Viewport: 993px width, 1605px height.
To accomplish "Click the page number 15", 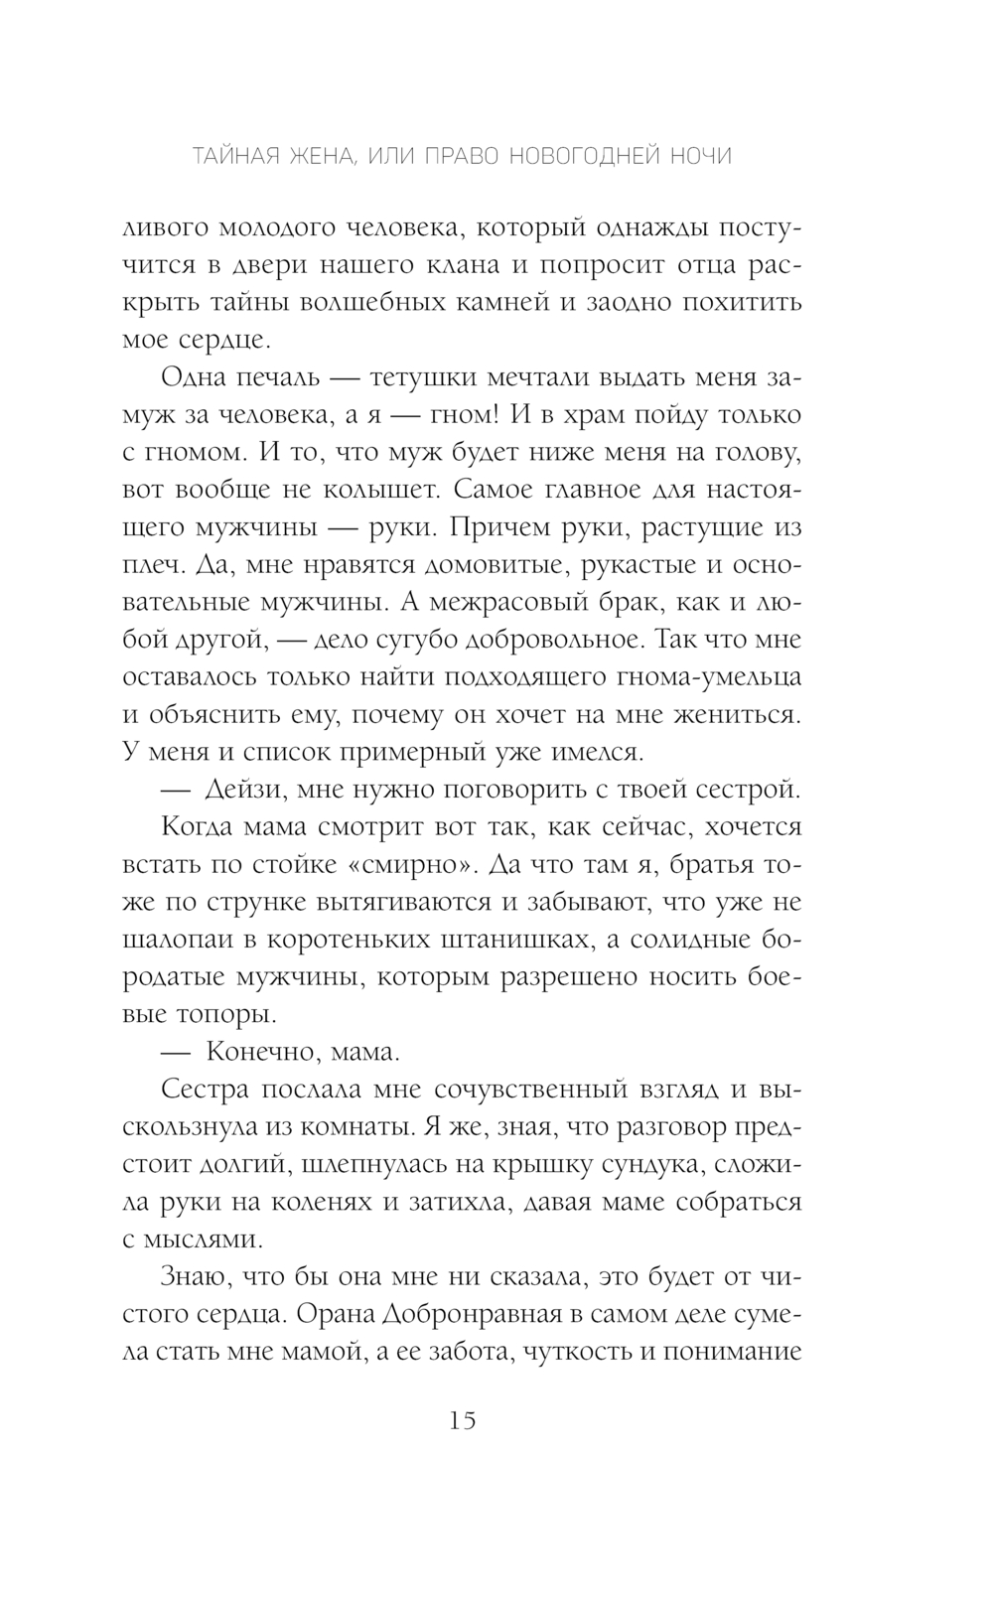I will pos(463,1420).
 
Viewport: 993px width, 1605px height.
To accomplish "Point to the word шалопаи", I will pos(181,940).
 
